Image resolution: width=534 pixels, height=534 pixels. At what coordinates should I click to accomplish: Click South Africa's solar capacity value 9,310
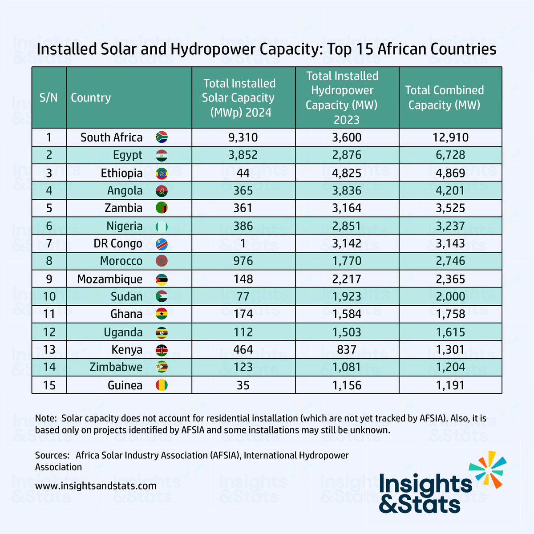[243, 138]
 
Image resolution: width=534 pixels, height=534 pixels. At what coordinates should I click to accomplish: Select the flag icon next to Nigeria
[161, 226]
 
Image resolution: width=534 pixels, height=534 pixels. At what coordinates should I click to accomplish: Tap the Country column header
[91, 98]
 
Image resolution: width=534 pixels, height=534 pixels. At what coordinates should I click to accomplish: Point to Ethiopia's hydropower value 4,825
[347, 173]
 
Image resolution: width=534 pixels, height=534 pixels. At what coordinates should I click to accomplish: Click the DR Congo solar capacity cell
[243, 244]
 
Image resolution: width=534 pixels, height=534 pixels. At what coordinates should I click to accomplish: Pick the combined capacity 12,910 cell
[450, 138]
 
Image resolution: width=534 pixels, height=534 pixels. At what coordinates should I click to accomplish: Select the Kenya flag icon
[161, 350]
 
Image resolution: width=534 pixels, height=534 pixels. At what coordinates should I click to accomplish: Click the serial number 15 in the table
[49, 385]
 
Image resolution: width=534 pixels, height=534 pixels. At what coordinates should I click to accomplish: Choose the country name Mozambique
[109, 279]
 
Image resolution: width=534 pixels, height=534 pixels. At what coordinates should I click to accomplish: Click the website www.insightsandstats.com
[96, 485]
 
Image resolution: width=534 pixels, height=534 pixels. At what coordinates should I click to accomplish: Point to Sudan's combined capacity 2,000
[450, 297]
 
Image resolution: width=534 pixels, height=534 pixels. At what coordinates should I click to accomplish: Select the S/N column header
[49, 98]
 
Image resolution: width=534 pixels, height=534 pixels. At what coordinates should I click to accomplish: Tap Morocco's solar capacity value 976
[243, 261]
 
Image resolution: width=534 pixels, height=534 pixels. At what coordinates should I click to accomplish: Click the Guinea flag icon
[161, 385]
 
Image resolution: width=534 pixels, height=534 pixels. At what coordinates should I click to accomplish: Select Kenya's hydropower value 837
[347, 350]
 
